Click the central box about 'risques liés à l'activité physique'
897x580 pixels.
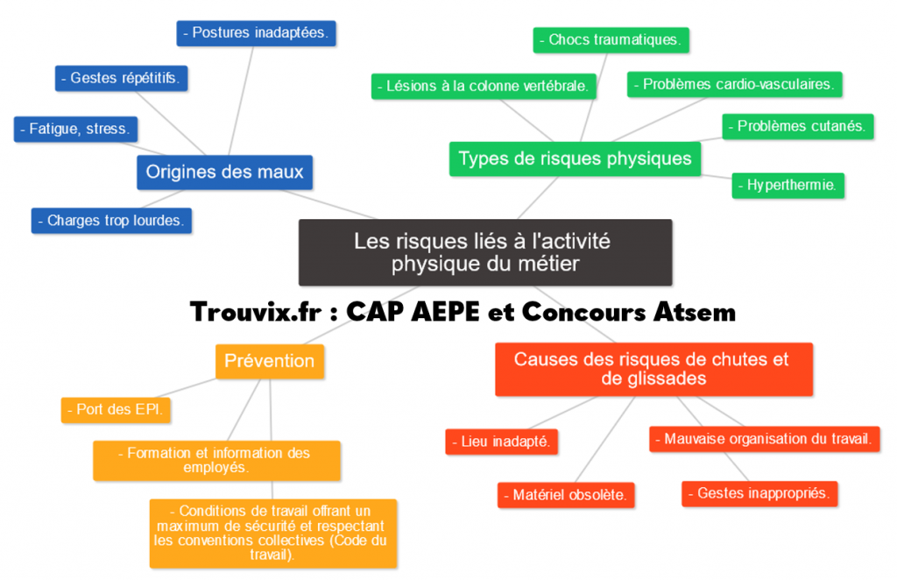485,252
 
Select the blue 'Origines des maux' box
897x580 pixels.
224,172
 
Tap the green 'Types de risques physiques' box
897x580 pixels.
575,159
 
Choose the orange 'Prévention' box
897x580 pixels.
269,361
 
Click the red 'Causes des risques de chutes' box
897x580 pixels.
653,369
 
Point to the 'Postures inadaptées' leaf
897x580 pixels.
256,33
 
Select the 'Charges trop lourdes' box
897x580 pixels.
111,221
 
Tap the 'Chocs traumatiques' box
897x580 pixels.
611,40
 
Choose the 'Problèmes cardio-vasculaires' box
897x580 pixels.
734,84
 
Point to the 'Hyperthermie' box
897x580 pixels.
788,186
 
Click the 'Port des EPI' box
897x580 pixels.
117,409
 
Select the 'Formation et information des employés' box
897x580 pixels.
216,460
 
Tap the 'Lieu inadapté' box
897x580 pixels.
501,442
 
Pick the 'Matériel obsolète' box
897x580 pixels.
566,495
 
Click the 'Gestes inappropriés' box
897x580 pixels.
759,493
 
